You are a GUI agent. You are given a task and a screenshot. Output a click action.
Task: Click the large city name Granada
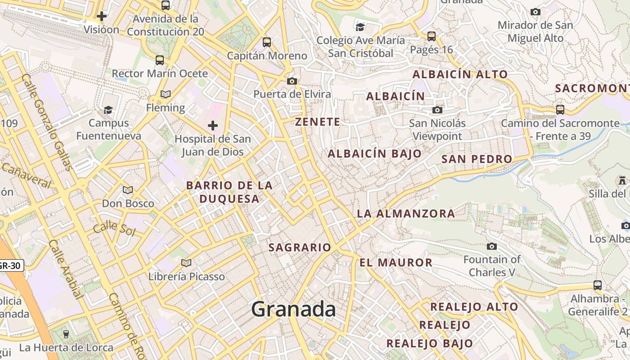(x=293, y=309)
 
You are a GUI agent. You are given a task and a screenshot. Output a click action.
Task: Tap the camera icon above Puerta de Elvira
(x=292, y=81)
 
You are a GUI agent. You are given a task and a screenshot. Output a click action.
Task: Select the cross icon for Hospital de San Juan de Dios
(x=213, y=126)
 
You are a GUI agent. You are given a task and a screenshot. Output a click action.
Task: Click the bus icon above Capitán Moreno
(x=267, y=42)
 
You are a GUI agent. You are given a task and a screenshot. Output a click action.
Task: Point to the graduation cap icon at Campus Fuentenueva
(x=108, y=110)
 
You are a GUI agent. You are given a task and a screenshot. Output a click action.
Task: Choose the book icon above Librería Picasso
(x=186, y=263)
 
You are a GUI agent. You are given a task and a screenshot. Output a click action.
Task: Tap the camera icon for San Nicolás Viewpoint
(x=437, y=110)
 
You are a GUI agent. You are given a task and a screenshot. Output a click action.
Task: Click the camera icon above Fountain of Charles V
(x=492, y=246)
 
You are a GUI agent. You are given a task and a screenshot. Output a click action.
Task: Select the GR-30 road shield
(x=10, y=265)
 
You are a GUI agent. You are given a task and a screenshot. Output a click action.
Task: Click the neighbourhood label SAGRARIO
(x=300, y=247)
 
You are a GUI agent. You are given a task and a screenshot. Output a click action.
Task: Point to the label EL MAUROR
(x=396, y=262)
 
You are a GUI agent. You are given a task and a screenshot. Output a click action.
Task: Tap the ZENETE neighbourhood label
(x=318, y=121)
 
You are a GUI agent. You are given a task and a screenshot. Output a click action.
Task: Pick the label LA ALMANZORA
(x=406, y=213)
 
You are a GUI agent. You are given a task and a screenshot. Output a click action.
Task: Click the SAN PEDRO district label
(x=477, y=158)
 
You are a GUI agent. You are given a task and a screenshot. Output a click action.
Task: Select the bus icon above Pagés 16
(x=432, y=36)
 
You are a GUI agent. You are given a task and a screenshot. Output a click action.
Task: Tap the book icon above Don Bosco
(x=128, y=190)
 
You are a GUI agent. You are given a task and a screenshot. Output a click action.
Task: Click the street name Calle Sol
(x=114, y=228)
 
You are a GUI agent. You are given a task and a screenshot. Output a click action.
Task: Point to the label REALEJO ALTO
(x=474, y=307)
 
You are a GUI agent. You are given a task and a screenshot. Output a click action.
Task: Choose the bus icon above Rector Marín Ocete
(x=160, y=60)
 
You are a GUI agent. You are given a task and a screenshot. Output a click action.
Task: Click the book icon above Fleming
(x=166, y=94)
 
